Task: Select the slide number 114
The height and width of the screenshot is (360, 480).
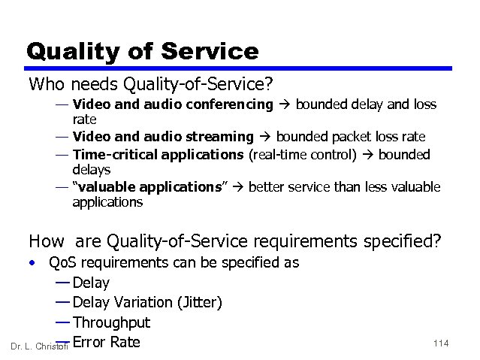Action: coord(440,343)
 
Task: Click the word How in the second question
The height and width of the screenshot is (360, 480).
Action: coord(46,241)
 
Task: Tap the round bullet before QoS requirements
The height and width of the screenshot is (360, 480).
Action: coord(33,263)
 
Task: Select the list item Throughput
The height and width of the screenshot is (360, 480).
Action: coord(112,322)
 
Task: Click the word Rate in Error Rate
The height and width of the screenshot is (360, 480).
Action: coord(124,342)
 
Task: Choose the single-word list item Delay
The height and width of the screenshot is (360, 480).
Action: coord(92,283)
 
